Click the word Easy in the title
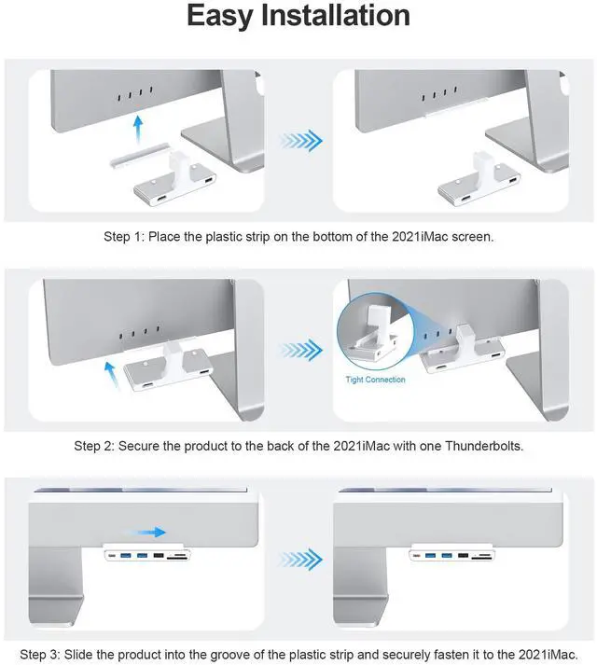220,16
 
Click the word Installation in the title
335,15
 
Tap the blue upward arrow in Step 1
138,131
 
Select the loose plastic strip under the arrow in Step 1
140,155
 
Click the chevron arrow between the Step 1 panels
301,141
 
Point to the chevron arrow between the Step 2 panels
301,350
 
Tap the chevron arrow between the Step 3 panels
301,560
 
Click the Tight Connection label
375,380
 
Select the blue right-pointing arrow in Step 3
146,532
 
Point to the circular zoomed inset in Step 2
375,331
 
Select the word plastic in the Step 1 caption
224,237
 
